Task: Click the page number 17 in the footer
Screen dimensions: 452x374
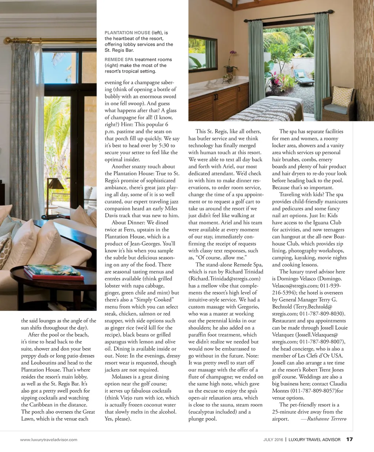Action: click(x=350, y=439)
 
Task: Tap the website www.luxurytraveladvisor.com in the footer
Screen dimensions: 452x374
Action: click(x=49, y=440)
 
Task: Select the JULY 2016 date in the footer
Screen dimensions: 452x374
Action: click(x=273, y=440)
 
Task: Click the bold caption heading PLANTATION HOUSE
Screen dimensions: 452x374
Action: click(x=127, y=33)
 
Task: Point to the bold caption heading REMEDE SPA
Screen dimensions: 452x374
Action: click(x=119, y=59)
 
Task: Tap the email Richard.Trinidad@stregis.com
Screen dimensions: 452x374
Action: click(x=225, y=279)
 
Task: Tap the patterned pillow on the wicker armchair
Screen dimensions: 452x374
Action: click(x=342, y=96)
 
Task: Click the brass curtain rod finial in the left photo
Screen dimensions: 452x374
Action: click(x=7, y=40)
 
